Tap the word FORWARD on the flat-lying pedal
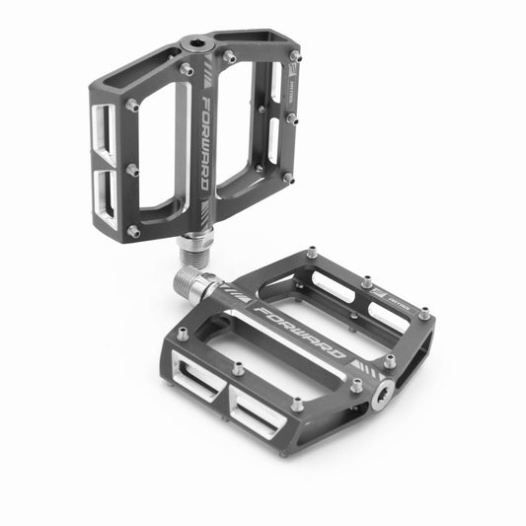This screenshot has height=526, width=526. tap(299, 332)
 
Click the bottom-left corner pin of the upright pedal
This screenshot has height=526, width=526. tap(132, 230)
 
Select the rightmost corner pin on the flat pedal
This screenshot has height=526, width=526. tap(423, 315)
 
